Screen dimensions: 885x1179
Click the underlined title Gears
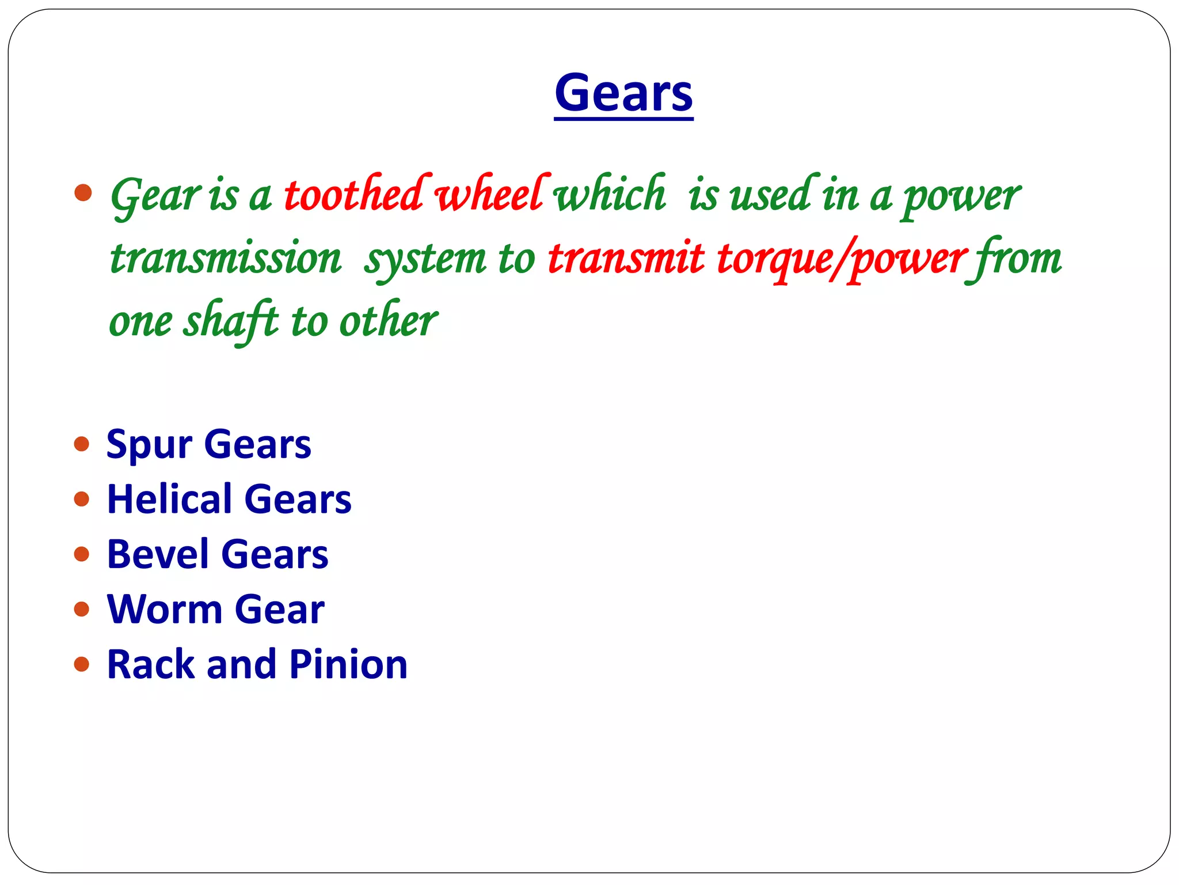[623, 93]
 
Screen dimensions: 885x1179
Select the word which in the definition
[609, 194]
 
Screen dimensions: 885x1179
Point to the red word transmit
[626, 258]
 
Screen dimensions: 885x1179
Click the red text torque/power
[841, 259]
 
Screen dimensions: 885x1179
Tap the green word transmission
[226, 258]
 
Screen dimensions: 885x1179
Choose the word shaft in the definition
[230, 321]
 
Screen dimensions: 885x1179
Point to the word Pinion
[348, 664]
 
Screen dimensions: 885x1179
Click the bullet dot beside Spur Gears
[82, 444]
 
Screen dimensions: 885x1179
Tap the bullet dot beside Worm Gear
[82, 609]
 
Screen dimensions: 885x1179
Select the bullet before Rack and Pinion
[82, 664]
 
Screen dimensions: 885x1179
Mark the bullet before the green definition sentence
[83, 193]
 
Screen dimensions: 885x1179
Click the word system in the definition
[425, 259]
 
